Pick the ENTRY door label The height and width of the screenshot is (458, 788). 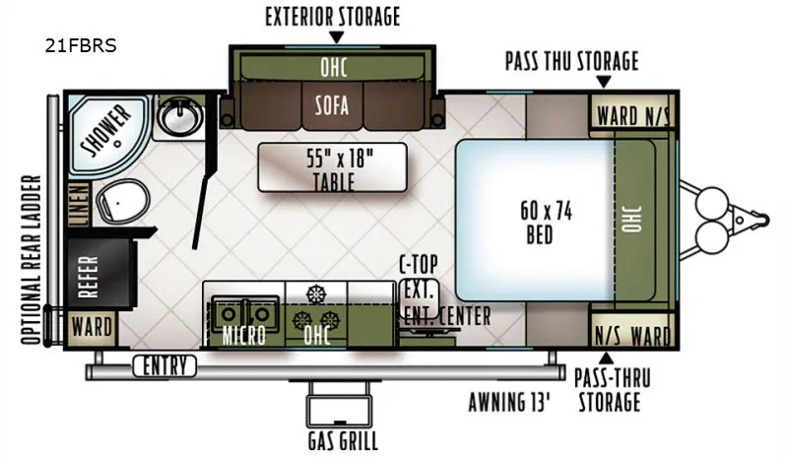(x=164, y=367)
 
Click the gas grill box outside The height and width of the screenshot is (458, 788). (x=342, y=408)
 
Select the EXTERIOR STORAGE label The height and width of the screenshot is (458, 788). (x=333, y=17)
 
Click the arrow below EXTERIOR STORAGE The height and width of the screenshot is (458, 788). (x=335, y=37)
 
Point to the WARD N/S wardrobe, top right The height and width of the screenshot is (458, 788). (x=631, y=116)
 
